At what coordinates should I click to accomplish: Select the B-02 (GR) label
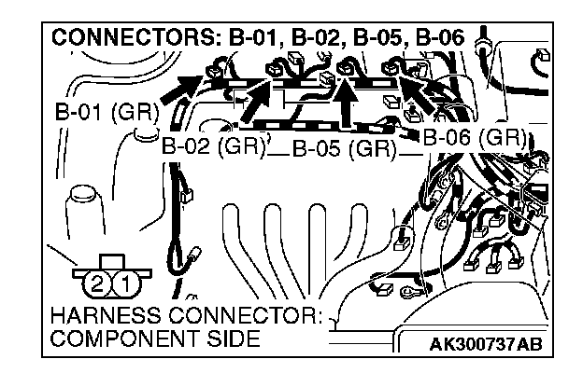[213, 146]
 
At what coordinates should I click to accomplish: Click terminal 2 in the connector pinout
[93, 281]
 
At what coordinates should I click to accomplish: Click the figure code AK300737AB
[483, 345]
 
